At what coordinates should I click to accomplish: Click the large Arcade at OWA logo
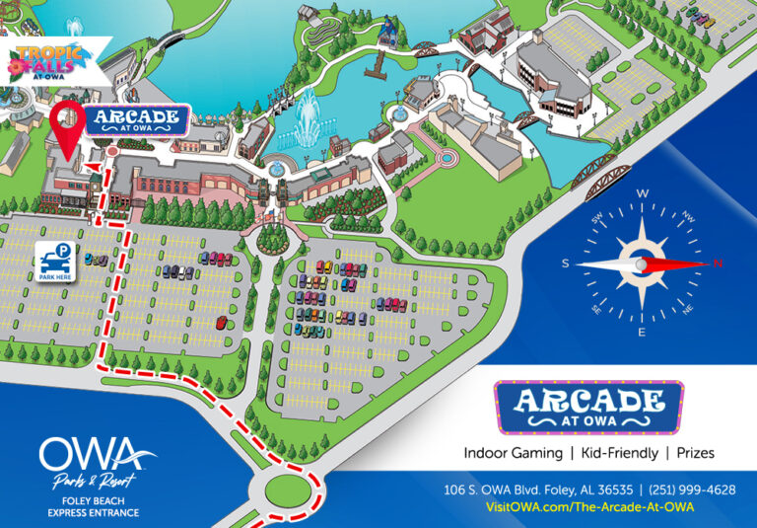[x=587, y=407]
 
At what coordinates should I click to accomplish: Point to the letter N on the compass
[x=718, y=264]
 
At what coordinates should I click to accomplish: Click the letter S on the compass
[x=566, y=264]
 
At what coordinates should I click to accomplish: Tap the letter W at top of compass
[x=643, y=194]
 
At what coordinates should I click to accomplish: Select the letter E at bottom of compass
[x=642, y=333]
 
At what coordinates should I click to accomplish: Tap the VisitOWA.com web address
[x=590, y=507]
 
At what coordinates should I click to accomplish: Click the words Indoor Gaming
[x=510, y=452]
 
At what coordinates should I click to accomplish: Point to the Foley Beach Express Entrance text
[x=94, y=506]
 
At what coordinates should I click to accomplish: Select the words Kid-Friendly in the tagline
[x=615, y=452]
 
